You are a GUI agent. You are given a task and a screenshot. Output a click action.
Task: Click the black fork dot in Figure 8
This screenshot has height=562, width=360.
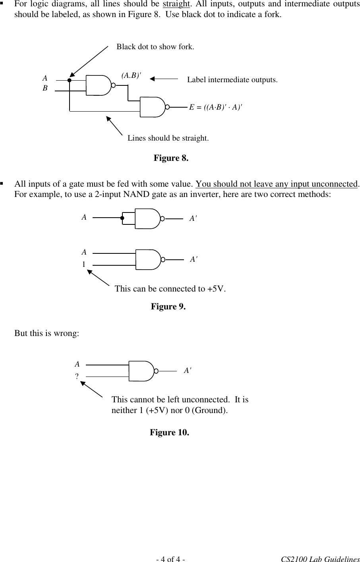coord(69,81)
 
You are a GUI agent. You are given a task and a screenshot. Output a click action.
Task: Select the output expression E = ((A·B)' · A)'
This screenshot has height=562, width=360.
coord(216,107)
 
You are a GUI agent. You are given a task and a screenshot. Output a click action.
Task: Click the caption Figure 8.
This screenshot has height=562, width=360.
coord(171,158)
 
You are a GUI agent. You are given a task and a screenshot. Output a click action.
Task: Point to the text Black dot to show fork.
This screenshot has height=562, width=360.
coord(155,47)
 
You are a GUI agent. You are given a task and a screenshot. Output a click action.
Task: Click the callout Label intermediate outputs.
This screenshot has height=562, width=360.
coord(232,80)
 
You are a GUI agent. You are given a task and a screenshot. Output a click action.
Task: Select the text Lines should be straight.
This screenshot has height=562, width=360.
coord(168,138)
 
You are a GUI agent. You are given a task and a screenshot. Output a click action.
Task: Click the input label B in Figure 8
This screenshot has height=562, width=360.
coord(45,89)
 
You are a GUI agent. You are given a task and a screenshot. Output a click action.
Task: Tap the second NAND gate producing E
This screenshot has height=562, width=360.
coord(153,107)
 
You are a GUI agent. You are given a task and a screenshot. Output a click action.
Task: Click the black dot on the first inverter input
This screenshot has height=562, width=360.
coord(123,218)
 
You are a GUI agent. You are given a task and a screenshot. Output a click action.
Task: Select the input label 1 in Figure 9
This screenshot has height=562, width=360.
coord(84,264)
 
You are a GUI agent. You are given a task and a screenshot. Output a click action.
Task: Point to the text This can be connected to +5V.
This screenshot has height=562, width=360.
coord(170,289)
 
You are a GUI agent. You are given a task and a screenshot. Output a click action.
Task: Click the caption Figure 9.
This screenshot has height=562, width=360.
coord(168,307)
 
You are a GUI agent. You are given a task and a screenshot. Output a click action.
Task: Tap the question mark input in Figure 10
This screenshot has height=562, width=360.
coord(76,376)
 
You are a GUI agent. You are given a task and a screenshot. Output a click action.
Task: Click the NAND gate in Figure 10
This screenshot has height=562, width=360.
coord(142,371)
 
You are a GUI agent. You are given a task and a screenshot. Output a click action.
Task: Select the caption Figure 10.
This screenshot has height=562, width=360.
coord(169,432)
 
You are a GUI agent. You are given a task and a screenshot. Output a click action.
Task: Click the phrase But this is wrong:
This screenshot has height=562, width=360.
coord(46,333)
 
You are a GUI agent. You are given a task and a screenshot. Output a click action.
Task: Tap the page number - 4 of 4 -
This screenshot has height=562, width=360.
coord(170,559)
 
